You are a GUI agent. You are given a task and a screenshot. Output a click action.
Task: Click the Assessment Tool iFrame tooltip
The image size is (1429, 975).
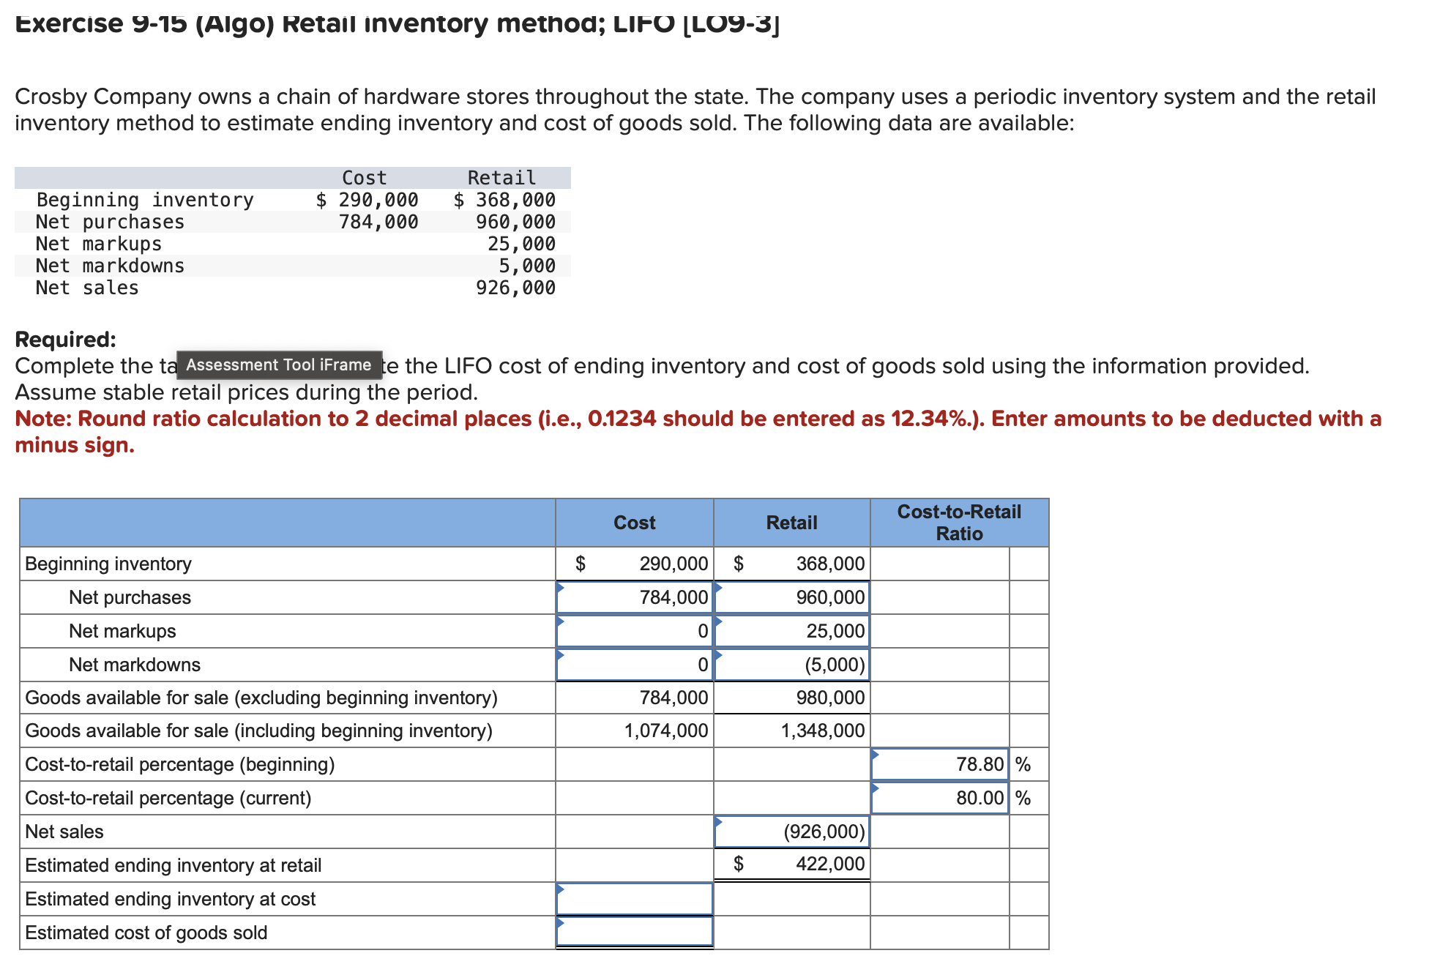click(279, 365)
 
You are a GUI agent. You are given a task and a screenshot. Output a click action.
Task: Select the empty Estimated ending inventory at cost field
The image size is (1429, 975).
click(634, 899)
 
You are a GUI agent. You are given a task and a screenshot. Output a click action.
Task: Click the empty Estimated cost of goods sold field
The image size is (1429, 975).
click(634, 932)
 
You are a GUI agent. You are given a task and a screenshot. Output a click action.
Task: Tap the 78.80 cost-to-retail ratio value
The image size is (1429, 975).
click(940, 764)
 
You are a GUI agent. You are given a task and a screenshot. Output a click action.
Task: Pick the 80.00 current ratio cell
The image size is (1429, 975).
click(940, 798)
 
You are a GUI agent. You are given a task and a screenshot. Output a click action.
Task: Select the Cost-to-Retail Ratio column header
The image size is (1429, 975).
click(959, 523)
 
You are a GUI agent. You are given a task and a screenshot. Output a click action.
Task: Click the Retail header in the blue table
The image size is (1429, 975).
click(791, 523)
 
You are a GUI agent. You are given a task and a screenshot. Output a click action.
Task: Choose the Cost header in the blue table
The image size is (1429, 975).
click(634, 523)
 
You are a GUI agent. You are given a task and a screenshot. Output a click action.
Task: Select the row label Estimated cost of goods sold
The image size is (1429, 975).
click(146, 933)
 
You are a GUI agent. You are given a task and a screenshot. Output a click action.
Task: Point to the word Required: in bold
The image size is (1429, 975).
click(65, 340)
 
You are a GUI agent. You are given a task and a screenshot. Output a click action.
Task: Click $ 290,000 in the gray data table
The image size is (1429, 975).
click(367, 200)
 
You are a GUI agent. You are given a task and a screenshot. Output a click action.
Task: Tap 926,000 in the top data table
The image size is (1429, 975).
click(515, 288)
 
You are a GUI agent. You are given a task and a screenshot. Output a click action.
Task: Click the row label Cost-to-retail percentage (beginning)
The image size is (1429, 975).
click(180, 764)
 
